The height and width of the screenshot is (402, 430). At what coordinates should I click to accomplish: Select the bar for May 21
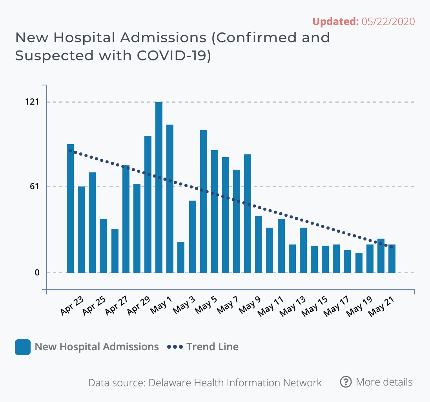[x=392, y=259]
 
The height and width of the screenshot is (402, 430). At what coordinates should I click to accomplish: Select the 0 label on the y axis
[x=37, y=272]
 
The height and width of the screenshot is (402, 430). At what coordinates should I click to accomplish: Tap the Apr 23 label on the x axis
[x=72, y=306]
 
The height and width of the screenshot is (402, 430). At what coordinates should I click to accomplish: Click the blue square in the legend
[x=23, y=347]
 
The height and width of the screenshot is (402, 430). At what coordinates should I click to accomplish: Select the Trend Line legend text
[x=212, y=347]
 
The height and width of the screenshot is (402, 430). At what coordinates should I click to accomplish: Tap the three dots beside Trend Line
[x=175, y=347]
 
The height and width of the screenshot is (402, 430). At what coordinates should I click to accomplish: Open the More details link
[x=384, y=382]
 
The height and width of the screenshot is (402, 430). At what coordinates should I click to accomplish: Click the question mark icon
[x=346, y=382]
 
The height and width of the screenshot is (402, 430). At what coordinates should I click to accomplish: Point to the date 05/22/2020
[x=388, y=22]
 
